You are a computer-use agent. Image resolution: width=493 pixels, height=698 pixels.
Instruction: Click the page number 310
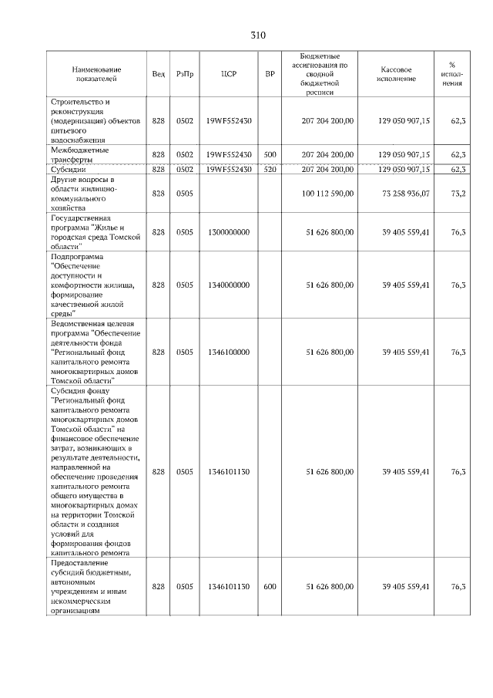click(x=257, y=35)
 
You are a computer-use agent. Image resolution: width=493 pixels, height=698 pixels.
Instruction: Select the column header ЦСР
click(x=227, y=74)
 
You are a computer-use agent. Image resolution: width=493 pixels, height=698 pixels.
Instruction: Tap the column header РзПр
click(x=184, y=74)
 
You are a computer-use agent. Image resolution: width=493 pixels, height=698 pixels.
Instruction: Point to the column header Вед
click(x=158, y=74)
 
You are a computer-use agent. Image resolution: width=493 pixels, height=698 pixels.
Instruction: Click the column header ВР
click(x=270, y=74)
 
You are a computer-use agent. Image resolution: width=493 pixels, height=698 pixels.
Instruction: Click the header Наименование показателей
click(x=94, y=74)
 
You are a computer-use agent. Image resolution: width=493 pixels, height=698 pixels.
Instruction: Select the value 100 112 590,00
click(x=330, y=193)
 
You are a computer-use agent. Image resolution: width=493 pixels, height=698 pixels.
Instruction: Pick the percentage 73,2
click(x=458, y=193)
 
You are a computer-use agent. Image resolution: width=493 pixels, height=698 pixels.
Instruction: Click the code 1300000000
click(x=227, y=231)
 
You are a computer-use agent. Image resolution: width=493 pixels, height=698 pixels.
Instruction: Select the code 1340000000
click(x=227, y=285)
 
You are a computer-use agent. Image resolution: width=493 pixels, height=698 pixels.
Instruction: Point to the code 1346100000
click(x=227, y=352)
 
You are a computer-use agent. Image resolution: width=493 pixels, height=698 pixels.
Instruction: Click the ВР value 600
click(x=270, y=587)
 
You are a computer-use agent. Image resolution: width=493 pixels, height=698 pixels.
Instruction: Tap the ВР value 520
click(x=270, y=169)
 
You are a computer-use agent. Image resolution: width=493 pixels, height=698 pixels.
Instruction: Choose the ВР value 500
click(x=270, y=154)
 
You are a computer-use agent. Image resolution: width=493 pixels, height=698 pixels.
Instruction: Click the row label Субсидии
click(x=68, y=169)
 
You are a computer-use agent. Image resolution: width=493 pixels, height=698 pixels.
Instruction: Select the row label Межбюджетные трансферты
click(x=79, y=154)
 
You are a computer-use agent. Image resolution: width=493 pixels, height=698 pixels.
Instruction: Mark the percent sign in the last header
click(x=451, y=65)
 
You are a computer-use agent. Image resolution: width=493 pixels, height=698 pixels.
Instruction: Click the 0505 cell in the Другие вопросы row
click(x=184, y=193)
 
